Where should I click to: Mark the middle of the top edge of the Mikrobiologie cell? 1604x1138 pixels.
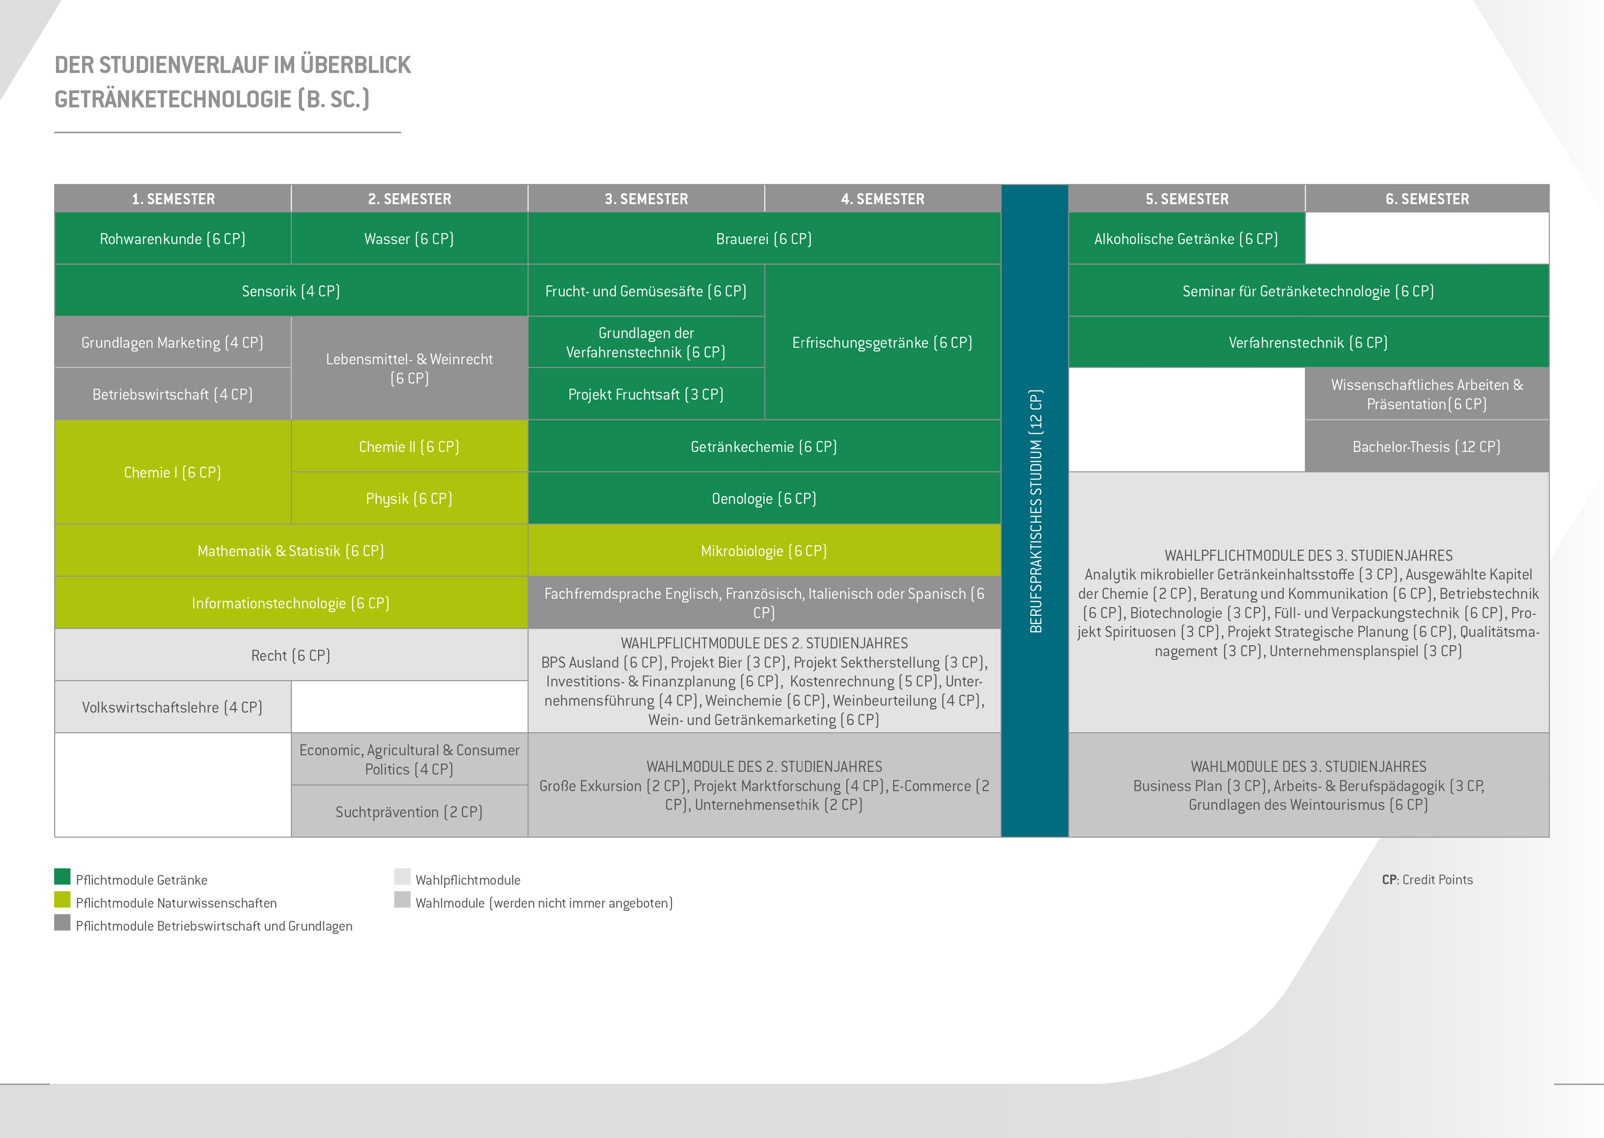click(764, 524)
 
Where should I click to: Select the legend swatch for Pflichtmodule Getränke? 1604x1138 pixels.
click(63, 877)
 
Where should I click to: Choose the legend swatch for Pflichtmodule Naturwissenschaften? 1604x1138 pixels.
click(63, 900)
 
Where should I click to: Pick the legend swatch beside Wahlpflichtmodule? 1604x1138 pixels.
click(402, 877)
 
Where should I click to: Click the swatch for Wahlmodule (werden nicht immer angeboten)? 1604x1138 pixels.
click(402, 900)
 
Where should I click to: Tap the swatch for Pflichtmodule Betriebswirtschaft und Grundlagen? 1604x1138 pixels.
click(63, 923)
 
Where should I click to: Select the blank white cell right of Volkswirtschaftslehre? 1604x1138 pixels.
click(409, 706)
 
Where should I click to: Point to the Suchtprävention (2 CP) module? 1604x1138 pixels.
click(409, 812)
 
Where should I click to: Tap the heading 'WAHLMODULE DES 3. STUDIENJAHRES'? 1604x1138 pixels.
click(1308, 767)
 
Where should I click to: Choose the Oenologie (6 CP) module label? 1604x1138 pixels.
click(764, 498)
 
